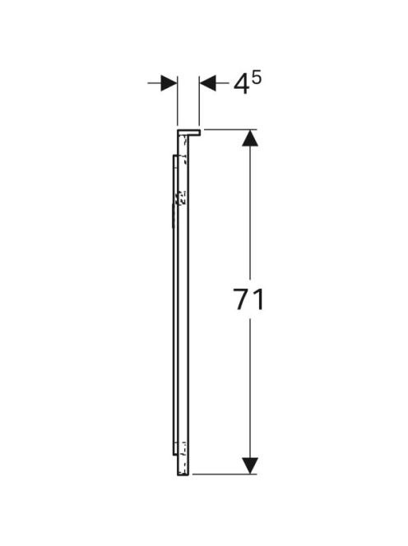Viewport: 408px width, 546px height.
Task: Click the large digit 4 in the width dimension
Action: (x=241, y=85)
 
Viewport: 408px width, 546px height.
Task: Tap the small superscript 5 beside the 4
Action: (x=256, y=79)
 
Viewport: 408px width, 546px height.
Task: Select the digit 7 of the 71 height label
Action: (x=243, y=299)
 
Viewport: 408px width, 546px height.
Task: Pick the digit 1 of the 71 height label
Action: (x=258, y=299)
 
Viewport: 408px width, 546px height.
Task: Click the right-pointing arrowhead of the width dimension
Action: (x=169, y=83)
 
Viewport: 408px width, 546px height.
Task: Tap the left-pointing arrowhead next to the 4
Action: (x=207, y=83)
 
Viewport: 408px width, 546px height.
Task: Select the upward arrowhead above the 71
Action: (x=250, y=137)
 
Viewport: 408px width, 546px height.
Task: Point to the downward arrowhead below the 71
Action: (x=250, y=465)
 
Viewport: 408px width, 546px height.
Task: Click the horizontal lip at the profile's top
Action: (x=189, y=132)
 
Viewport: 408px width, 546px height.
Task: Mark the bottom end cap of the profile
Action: (x=183, y=474)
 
